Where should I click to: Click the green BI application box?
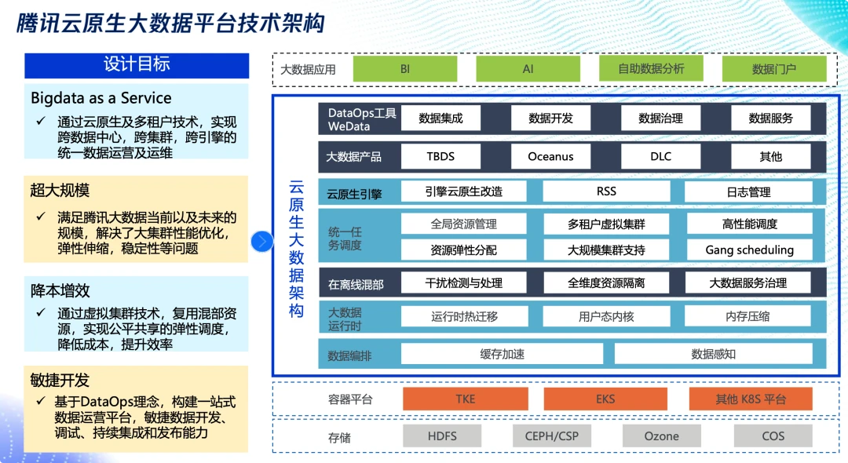pyautogui.click(x=404, y=69)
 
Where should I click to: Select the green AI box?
pyautogui.click(x=528, y=69)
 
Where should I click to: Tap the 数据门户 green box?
pyautogui.click(x=773, y=69)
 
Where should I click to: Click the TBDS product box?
pyautogui.click(x=440, y=156)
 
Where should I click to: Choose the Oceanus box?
pyautogui.click(x=550, y=156)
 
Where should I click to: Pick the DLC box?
pyautogui.click(x=660, y=156)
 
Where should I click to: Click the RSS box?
pyautogui.click(x=605, y=191)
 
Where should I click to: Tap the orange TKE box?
pyautogui.click(x=465, y=399)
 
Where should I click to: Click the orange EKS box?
pyautogui.click(x=605, y=399)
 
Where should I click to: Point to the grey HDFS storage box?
pyautogui.click(x=442, y=436)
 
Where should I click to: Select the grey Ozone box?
pyautogui.click(x=661, y=436)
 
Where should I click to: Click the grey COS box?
pyautogui.click(x=773, y=436)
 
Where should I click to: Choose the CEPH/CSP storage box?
pyautogui.click(x=551, y=436)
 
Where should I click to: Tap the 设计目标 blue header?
pyautogui.click(x=137, y=65)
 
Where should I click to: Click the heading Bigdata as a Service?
pyautogui.click(x=101, y=98)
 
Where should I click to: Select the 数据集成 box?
pyautogui.click(x=440, y=118)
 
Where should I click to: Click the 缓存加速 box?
pyautogui.click(x=502, y=354)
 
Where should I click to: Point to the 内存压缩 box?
pyautogui.click(x=747, y=316)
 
